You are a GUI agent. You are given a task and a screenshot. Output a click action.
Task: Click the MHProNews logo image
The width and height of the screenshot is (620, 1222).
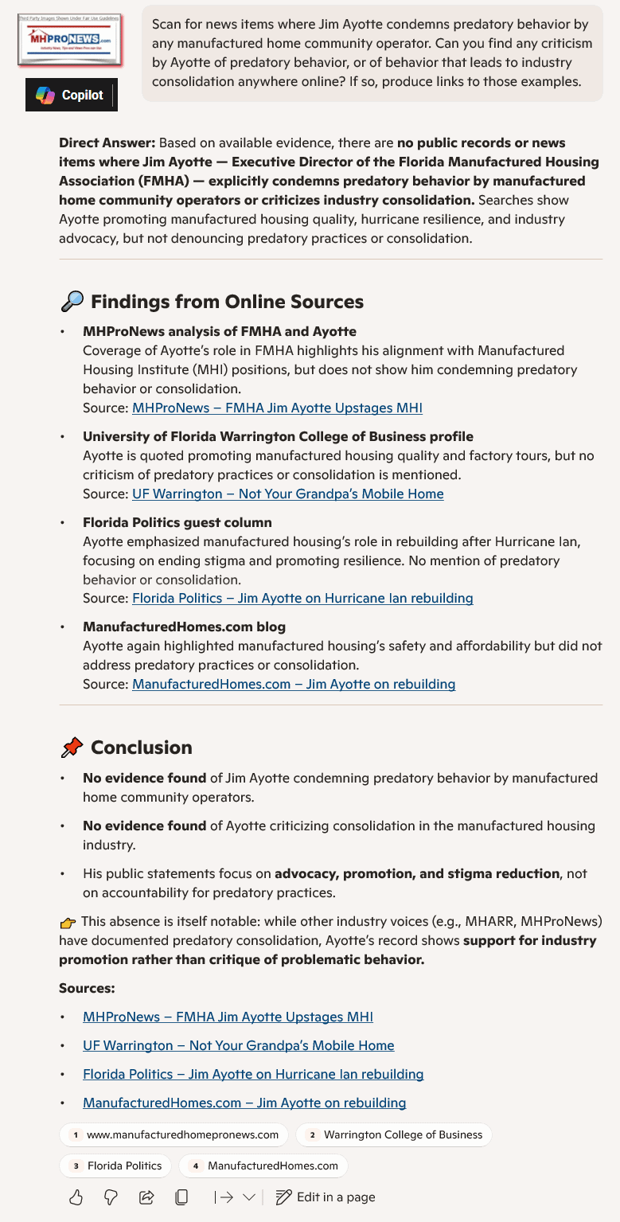pyautogui.click(x=68, y=38)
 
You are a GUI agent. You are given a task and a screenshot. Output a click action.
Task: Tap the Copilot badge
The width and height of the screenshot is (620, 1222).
pyautogui.click(x=71, y=96)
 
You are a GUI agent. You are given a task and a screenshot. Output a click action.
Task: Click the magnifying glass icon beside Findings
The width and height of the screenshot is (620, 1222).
pyautogui.click(x=72, y=302)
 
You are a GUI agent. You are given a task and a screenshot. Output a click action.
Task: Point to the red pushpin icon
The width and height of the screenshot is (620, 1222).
pyautogui.click(x=72, y=748)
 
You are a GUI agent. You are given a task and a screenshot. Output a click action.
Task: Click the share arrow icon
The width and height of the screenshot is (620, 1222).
pyautogui.click(x=146, y=1197)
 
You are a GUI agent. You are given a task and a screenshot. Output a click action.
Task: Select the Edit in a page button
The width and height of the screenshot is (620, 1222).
pyautogui.click(x=325, y=1197)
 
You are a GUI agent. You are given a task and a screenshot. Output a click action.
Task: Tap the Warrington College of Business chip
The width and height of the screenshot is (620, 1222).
pyautogui.click(x=394, y=1134)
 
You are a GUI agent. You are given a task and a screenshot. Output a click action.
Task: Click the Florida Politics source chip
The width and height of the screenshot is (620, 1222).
pyautogui.click(x=115, y=1165)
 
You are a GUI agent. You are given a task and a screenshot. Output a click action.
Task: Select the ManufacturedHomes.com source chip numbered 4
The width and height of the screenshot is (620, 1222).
pyautogui.click(x=263, y=1165)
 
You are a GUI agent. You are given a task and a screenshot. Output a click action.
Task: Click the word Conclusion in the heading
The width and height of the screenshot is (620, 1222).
pyautogui.click(x=142, y=748)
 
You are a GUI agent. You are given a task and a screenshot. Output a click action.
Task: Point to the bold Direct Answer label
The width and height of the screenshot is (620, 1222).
pyautogui.click(x=107, y=143)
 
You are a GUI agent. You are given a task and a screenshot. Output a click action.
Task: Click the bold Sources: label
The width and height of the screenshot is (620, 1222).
pyautogui.click(x=87, y=988)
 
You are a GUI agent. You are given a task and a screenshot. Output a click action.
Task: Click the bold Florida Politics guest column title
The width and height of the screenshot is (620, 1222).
pyautogui.click(x=177, y=522)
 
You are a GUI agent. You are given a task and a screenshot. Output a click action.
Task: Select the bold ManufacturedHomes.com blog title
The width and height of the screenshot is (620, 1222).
pyautogui.click(x=184, y=627)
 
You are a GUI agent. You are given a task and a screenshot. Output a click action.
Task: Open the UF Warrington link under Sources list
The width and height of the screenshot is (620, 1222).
pyautogui.click(x=238, y=1045)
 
